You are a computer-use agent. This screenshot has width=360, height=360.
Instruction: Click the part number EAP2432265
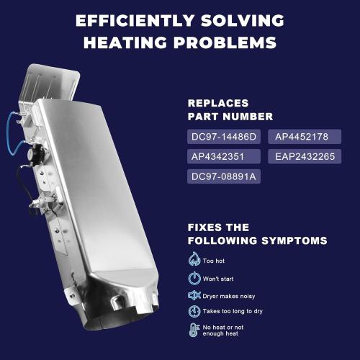(x=305, y=156)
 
